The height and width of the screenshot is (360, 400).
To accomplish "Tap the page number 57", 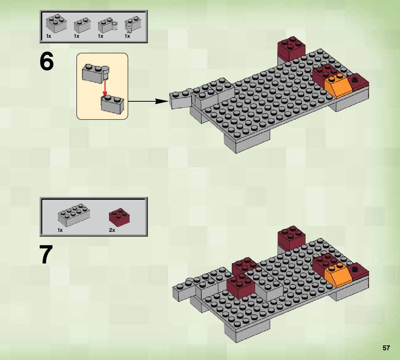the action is point(386,348).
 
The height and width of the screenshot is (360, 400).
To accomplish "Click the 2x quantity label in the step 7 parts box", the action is point(112,230).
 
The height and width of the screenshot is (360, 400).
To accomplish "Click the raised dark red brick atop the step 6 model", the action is point(291,49).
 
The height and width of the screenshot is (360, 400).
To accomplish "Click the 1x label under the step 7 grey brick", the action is point(60,230).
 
